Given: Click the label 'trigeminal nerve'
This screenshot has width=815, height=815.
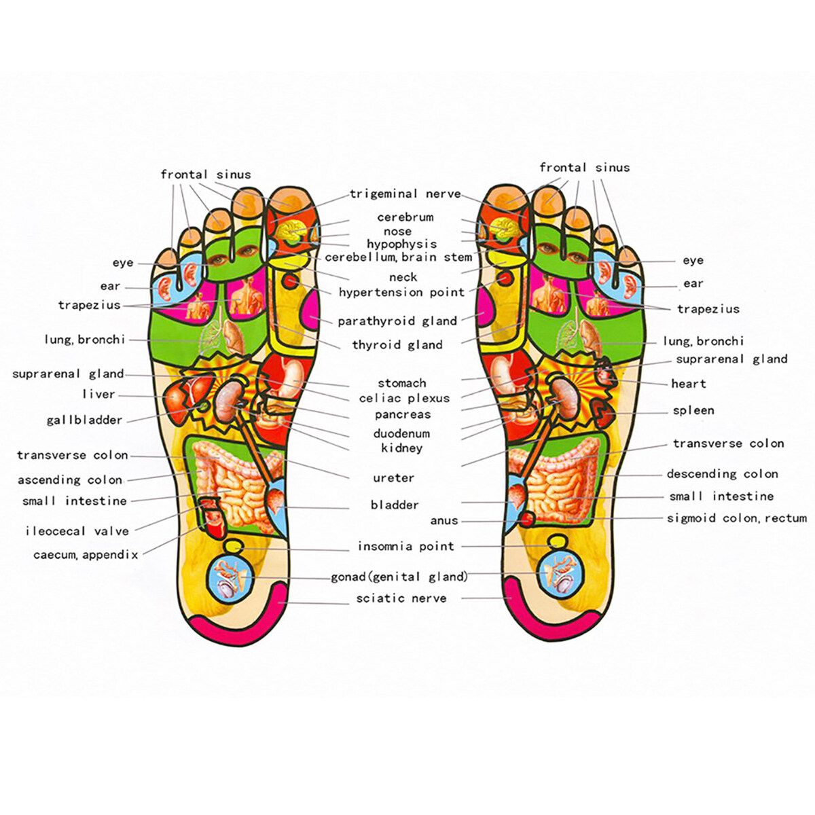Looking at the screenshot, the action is pyautogui.click(x=405, y=194).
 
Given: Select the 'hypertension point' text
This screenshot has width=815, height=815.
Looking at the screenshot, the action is pyautogui.click(x=402, y=292).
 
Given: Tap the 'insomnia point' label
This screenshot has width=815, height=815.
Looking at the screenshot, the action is pyautogui.click(x=406, y=547).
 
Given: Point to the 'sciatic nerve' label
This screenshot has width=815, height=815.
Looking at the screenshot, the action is pyautogui.click(x=401, y=598).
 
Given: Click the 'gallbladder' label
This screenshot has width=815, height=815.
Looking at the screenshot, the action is pyautogui.click(x=85, y=420).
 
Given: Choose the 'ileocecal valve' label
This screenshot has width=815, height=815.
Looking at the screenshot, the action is pyautogui.click(x=77, y=531).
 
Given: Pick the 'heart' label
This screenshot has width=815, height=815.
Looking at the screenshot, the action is pyautogui.click(x=689, y=384).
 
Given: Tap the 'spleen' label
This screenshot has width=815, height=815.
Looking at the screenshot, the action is pyautogui.click(x=693, y=410).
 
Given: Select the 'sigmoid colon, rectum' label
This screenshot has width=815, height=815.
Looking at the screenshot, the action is pyautogui.click(x=737, y=518).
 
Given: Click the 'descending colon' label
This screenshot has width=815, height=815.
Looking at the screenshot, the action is pyautogui.click(x=723, y=473).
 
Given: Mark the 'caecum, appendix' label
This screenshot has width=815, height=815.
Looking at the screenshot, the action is pyautogui.click(x=86, y=554).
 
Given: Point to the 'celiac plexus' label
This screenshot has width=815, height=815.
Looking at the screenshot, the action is pyautogui.click(x=404, y=399).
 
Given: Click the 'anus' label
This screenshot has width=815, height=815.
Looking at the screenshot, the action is pyautogui.click(x=444, y=521).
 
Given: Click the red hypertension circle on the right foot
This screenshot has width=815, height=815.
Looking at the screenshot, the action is pyautogui.click(x=503, y=279).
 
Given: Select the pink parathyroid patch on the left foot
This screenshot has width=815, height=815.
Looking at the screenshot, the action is pyautogui.click(x=311, y=308).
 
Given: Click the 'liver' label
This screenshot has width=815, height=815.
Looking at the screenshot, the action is pyautogui.click(x=98, y=395).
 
